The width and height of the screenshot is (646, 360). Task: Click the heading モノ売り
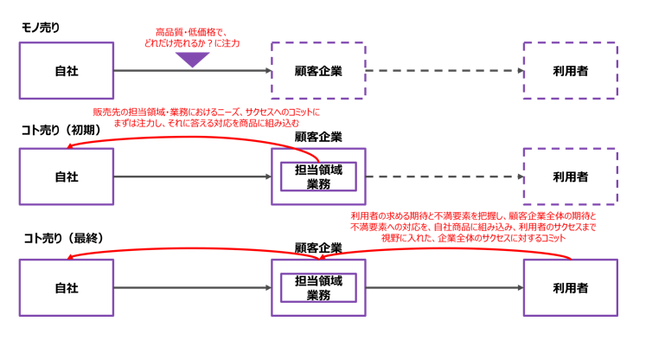coord(40,28)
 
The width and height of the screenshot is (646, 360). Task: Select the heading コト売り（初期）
coord(61,129)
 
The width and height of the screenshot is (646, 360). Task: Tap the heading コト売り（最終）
coord(61,235)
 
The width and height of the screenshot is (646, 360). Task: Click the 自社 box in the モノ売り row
coord(67,70)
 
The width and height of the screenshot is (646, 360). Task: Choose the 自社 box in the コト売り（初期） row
coord(67,177)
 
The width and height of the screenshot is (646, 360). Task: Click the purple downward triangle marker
coord(193,59)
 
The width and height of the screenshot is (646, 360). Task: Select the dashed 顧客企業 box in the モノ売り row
coord(318,70)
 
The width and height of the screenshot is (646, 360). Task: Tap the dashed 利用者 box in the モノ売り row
coord(571,70)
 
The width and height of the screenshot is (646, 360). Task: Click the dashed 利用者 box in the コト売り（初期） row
coord(571,177)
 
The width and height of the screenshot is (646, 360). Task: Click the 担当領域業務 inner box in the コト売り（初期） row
coord(318,177)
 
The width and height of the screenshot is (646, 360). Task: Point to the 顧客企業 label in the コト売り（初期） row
coord(318,136)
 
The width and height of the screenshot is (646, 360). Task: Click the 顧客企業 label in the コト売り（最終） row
coord(318,247)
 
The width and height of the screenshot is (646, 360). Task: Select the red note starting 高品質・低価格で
coord(192,37)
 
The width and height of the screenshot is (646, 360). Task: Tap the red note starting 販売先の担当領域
coord(205,117)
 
